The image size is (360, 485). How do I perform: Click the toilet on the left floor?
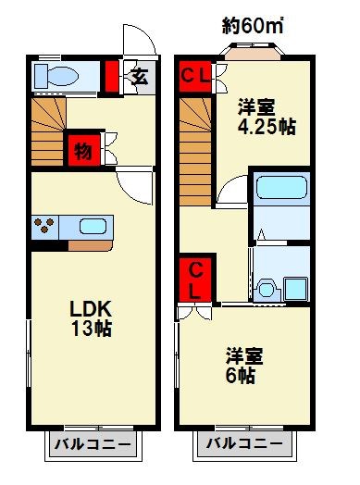tap(56, 76)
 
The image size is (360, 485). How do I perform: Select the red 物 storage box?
tap(82, 150)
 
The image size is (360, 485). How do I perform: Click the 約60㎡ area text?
tap(254, 25)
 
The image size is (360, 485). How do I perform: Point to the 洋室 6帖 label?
tap(242, 364)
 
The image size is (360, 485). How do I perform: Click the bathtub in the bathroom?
tap(279, 191)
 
